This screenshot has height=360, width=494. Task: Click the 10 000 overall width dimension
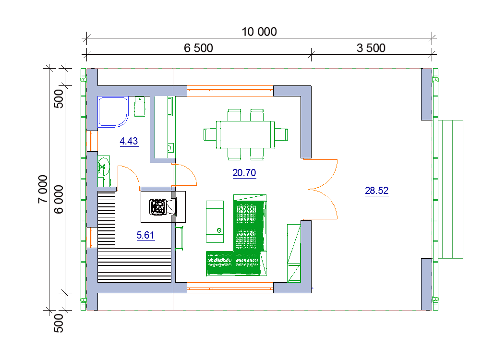click(x=259, y=32)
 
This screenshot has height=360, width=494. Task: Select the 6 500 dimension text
click(x=198, y=48)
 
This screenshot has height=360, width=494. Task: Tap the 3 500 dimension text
click(x=371, y=48)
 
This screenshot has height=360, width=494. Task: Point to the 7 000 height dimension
click(x=43, y=189)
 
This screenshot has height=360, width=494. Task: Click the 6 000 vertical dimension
click(x=59, y=199)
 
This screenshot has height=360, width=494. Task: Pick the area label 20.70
click(x=244, y=173)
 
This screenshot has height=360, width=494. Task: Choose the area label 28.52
click(x=377, y=191)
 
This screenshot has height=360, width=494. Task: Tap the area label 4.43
click(x=129, y=141)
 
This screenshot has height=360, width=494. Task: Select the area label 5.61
click(x=145, y=235)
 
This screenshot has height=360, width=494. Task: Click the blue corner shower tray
click(x=113, y=111)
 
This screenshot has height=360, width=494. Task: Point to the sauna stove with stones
click(x=157, y=207)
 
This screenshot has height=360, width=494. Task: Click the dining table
click(x=245, y=134)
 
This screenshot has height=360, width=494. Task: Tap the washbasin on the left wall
click(x=103, y=165)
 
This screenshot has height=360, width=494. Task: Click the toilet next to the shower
click(x=140, y=107)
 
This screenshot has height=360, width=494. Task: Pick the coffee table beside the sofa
click(x=215, y=222)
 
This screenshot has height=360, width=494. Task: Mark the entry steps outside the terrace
click(x=450, y=189)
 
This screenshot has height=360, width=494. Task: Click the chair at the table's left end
click(x=210, y=134)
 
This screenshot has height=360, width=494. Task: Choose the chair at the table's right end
click(x=281, y=134)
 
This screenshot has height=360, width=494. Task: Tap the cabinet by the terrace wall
click(x=294, y=253)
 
